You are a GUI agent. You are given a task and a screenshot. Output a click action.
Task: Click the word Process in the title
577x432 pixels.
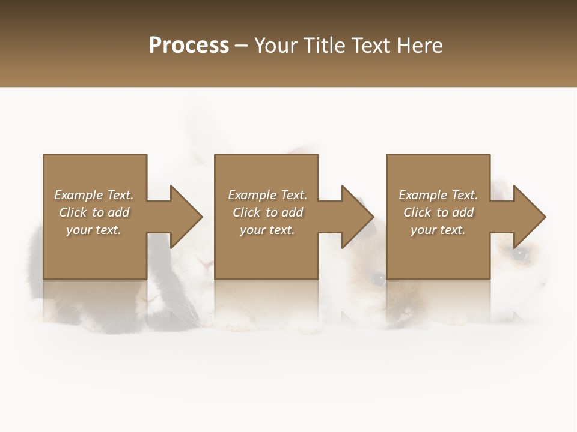(189, 46)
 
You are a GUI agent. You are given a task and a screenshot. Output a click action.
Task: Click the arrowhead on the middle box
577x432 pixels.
(357, 217)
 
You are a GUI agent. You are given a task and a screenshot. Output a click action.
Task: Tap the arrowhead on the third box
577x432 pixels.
(529, 217)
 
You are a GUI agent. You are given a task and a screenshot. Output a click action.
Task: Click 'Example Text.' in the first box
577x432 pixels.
(94, 195)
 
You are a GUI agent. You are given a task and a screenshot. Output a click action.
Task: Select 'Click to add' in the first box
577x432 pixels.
(94, 212)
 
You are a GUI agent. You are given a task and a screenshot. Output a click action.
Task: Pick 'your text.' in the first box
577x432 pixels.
(94, 230)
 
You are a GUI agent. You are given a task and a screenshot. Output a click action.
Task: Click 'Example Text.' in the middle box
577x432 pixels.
(267, 195)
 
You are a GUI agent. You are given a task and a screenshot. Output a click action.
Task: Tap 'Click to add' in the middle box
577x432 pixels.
(267, 212)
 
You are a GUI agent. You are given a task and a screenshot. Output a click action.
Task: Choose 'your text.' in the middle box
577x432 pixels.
(267, 230)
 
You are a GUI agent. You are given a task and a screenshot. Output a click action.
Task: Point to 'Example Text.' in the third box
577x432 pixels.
(438, 195)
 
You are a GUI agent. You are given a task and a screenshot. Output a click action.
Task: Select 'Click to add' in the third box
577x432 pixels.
(438, 212)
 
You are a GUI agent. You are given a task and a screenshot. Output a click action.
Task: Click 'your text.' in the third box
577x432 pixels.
(438, 230)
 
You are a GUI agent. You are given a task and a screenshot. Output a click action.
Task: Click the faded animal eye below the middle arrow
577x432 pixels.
(378, 278)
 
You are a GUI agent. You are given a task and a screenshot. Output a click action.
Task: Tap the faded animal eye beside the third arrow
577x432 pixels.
(521, 254)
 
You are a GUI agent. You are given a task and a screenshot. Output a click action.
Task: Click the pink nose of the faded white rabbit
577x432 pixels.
(206, 265)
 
